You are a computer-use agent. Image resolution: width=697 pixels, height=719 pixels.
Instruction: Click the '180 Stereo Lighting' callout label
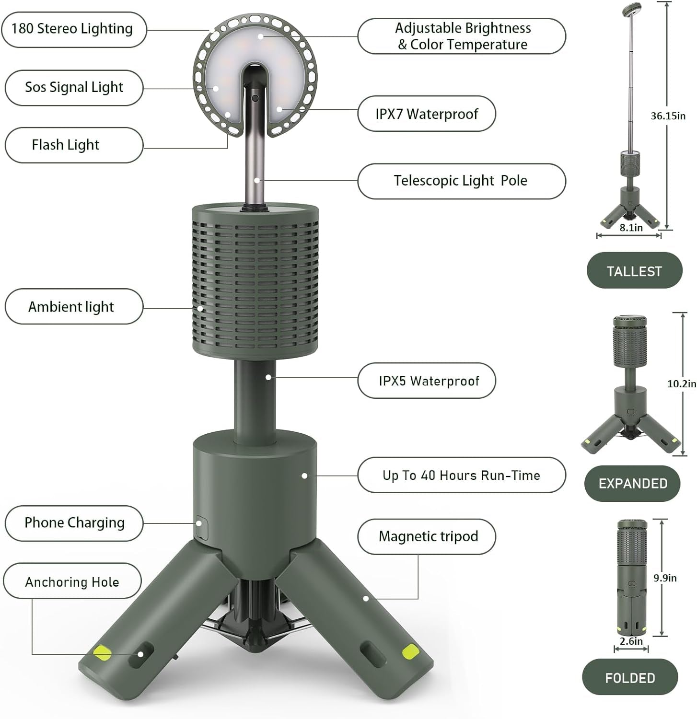tap(73, 29)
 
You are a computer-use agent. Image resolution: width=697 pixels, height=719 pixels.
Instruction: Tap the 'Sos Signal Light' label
tap(74, 88)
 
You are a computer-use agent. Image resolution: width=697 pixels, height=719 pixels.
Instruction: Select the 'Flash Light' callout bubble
tap(74, 145)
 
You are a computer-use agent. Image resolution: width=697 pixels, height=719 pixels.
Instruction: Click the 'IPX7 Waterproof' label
tap(426, 114)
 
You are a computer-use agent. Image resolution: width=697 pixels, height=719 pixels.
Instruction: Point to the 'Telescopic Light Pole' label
tap(461, 181)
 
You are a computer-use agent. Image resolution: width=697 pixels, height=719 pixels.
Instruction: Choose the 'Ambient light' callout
tap(74, 307)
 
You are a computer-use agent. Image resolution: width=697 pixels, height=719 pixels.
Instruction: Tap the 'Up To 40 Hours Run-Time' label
tap(461, 475)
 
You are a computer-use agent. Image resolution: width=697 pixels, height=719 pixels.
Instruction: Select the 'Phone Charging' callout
tap(74, 523)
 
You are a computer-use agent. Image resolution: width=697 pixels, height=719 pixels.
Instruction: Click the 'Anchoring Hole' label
tap(72, 582)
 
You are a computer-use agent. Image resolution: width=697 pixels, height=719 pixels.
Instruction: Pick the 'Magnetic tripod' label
tap(428, 536)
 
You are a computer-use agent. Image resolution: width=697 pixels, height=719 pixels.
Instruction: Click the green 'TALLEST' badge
tap(634, 271)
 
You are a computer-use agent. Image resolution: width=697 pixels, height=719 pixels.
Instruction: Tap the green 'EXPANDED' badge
tap(632, 484)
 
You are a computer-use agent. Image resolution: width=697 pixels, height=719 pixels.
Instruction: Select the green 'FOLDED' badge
tap(630, 678)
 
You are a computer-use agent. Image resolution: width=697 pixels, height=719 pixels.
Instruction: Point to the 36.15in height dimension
tap(668, 116)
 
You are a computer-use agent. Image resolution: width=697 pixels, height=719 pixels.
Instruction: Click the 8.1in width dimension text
tap(631, 228)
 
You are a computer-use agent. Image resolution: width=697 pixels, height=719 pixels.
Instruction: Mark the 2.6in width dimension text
tap(631, 641)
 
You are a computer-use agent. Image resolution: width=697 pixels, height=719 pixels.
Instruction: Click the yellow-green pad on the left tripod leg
tap(103, 652)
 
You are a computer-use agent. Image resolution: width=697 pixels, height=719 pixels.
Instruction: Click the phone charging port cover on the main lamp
tap(201, 528)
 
